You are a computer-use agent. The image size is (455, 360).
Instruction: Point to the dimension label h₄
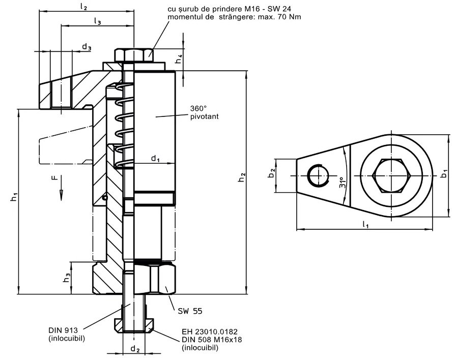pyautogui.click(x=179, y=60)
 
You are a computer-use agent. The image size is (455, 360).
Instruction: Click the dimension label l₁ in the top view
pyautogui.click(x=365, y=224)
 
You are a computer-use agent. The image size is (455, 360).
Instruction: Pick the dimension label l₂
pyautogui.click(x=84, y=8)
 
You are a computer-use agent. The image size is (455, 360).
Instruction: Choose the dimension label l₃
pyautogui.click(x=97, y=21)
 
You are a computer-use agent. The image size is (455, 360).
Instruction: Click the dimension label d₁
pyautogui.click(x=156, y=159)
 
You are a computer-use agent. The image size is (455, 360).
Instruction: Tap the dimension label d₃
pyautogui.click(x=87, y=47)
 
